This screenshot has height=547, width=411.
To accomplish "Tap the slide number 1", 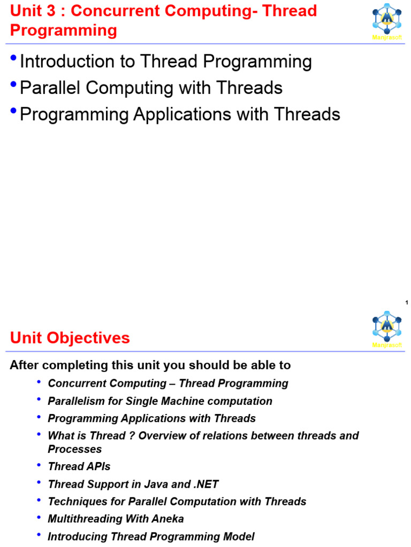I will pyautogui.click(x=407, y=303).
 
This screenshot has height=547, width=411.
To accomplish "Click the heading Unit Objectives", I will pyautogui.click(x=70, y=338).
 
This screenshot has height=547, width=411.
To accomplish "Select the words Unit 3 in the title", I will pyautogui.click(x=32, y=11).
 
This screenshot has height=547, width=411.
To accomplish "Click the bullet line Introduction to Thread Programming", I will pyautogui.click(x=165, y=62).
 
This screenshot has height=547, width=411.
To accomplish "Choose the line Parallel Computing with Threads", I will pyautogui.click(x=151, y=88).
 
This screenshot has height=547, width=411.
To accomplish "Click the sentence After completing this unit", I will pyautogui.click(x=150, y=365).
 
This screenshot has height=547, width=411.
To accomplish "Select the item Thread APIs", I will pyautogui.click(x=79, y=466).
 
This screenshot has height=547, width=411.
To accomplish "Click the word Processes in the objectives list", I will pyautogui.click(x=75, y=449).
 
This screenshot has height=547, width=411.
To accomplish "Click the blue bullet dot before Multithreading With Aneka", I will pyautogui.click(x=39, y=518).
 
